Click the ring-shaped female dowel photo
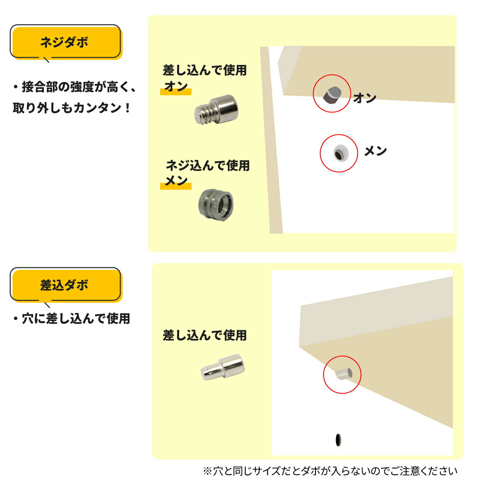tap(216, 203)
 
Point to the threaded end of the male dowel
tap(203, 114)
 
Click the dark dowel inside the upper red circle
tap(332, 94)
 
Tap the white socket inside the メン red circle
tap(339, 153)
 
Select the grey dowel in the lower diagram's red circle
tap(342, 374)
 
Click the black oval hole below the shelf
tap(338, 440)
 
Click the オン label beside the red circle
tap(365, 98)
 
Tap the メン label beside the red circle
tap(375, 151)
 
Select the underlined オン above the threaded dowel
tap(176, 87)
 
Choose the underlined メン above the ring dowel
tap(176, 181)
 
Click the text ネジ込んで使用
tap(208, 165)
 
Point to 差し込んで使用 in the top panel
tap(204, 71)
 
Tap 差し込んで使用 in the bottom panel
tap(204, 335)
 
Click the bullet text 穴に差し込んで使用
tap(71, 319)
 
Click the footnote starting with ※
tap(330, 471)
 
